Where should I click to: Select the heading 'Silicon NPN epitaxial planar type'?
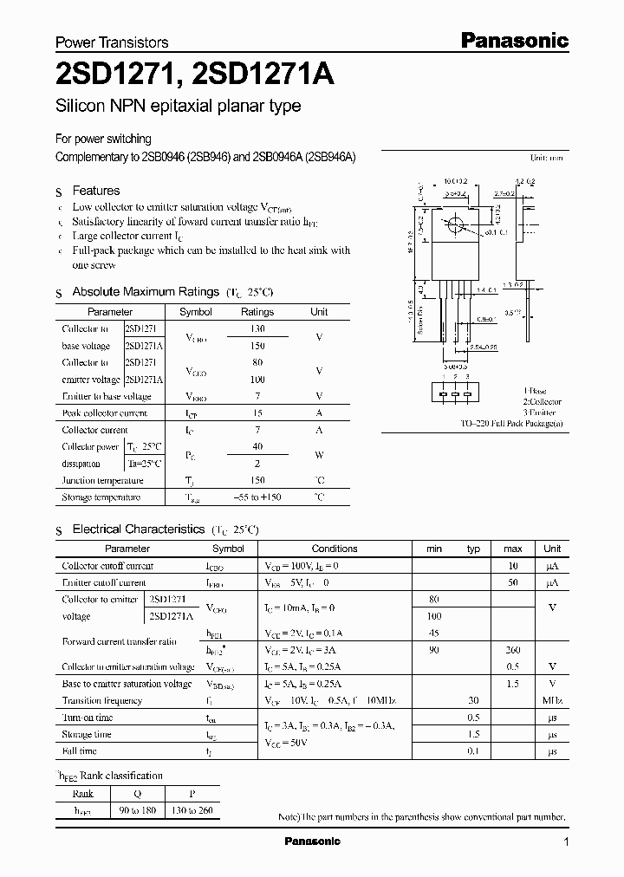coord(179,107)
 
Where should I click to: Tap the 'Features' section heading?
coord(95,191)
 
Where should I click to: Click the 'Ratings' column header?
coord(257,312)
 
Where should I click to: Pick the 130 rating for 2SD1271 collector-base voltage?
coord(257,329)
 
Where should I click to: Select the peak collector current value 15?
coord(257,413)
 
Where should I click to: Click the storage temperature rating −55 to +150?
coord(257,497)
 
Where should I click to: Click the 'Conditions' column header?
coord(334,549)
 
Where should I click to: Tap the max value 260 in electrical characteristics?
coord(512,650)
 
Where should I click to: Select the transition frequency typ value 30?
coord(473,700)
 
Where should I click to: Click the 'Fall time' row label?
coord(80,751)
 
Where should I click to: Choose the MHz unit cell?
coord(552,700)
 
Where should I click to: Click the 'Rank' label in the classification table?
coord(83,794)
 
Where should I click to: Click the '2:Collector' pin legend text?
coord(543,402)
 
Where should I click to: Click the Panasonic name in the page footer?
coord(313,841)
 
